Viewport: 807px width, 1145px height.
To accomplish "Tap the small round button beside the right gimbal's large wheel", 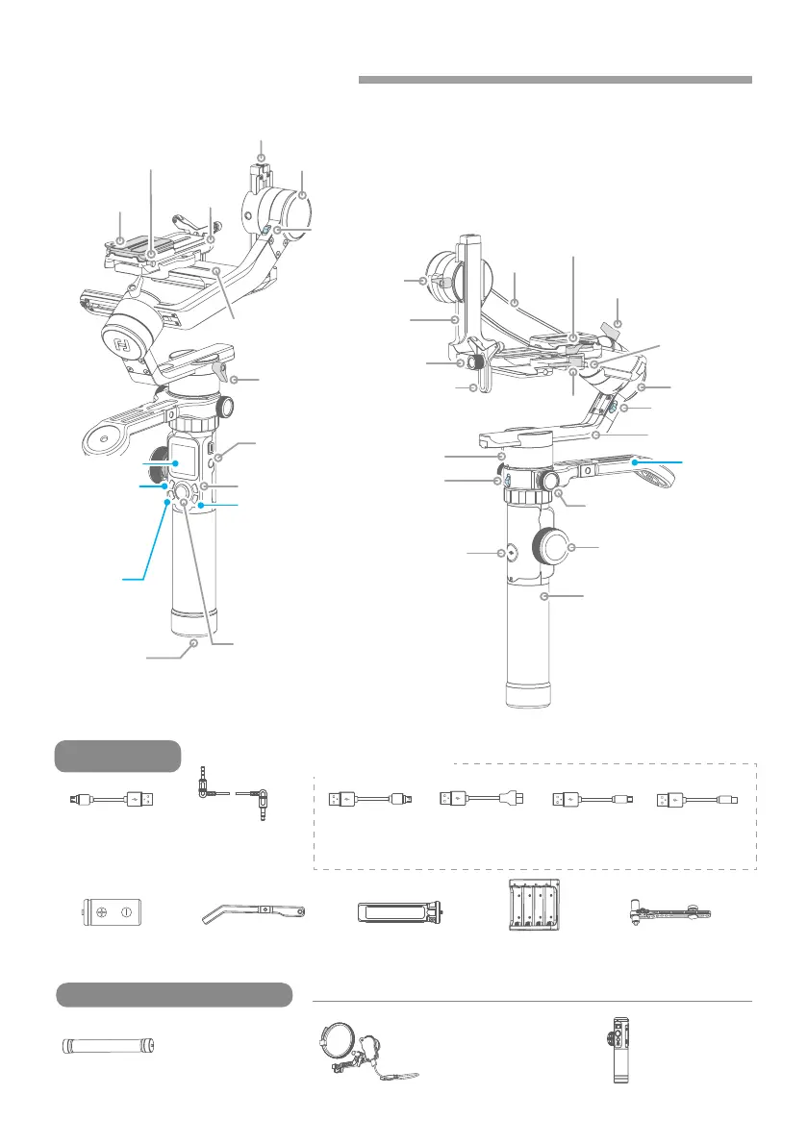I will click(511, 554).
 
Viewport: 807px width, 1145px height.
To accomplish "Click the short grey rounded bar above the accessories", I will click(118, 756).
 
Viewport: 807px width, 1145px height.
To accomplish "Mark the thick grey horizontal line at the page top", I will click(555, 79).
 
